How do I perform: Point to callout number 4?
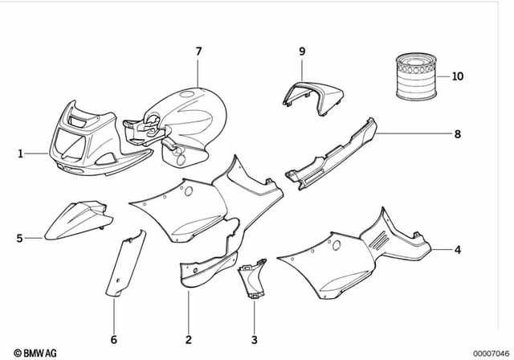point(457,250)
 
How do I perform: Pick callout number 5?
point(19,238)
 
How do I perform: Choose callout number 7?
point(198,51)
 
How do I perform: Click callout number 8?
point(457,133)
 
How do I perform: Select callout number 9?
point(303,51)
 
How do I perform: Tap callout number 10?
point(457,77)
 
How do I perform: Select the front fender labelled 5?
point(76,221)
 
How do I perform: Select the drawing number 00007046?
point(489,352)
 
